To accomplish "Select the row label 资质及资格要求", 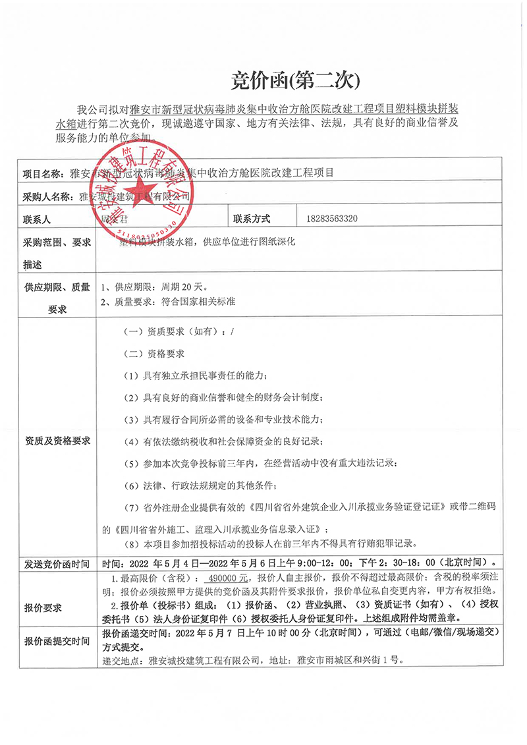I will pos(57,440).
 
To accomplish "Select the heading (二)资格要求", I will pos(155,354).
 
